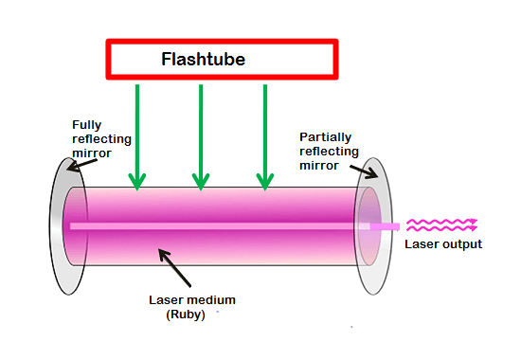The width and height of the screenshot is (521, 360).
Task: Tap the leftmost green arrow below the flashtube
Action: tap(137, 133)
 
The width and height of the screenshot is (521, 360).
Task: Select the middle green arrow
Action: tap(201, 133)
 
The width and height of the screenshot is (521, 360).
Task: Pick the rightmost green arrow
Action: tap(265, 133)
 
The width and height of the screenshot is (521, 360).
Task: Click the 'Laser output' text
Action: tap(443, 244)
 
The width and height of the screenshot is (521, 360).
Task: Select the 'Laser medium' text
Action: tap(192, 299)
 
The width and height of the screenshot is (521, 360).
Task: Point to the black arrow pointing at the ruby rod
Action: tap(178, 270)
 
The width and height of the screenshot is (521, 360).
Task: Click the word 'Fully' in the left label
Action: tap(89, 124)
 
